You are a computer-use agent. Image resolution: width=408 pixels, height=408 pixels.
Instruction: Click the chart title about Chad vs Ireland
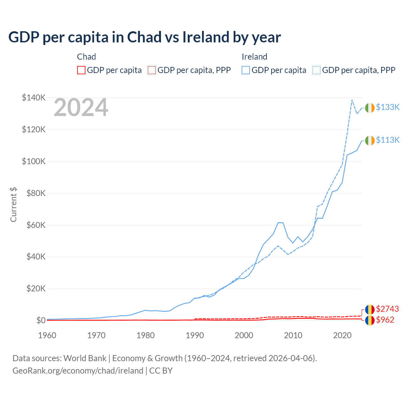(144, 37)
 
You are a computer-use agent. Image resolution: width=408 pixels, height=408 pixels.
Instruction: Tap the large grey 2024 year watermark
(81, 108)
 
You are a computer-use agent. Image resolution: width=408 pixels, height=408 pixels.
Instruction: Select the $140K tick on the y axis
(34, 98)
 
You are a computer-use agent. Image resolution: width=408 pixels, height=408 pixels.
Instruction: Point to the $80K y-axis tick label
(34, 193)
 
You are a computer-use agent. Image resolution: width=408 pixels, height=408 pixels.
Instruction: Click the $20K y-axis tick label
(34, 289)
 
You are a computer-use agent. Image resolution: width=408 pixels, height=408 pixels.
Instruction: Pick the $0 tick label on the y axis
(41, 320)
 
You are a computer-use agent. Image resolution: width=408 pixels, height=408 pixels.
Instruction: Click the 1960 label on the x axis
(47, 335)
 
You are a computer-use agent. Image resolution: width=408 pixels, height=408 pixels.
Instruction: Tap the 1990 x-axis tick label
(195, 335)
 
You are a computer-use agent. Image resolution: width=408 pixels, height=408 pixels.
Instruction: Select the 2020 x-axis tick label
(342, 335)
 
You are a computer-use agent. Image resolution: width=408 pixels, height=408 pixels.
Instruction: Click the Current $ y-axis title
(13, 205)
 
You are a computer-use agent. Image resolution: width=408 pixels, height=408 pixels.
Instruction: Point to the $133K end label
(388, 107)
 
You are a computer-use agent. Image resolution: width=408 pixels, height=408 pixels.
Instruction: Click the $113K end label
(388, 140)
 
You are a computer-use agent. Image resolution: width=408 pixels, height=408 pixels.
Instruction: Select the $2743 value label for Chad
(387, 309)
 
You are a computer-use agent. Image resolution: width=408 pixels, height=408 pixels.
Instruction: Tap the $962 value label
(385, 320)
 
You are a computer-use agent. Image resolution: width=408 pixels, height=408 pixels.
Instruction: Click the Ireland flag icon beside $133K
(370, 108)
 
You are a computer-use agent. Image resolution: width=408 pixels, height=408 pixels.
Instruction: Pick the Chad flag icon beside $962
(370, 320)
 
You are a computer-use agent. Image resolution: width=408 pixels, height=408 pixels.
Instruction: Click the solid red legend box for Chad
(81, 70)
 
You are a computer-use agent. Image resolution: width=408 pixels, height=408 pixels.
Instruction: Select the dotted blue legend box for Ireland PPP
(317, 70)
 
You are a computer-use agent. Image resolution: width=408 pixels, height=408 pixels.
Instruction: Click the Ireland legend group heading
(254, 57)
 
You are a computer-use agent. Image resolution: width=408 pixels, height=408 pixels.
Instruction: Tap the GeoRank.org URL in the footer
(78, 371)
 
